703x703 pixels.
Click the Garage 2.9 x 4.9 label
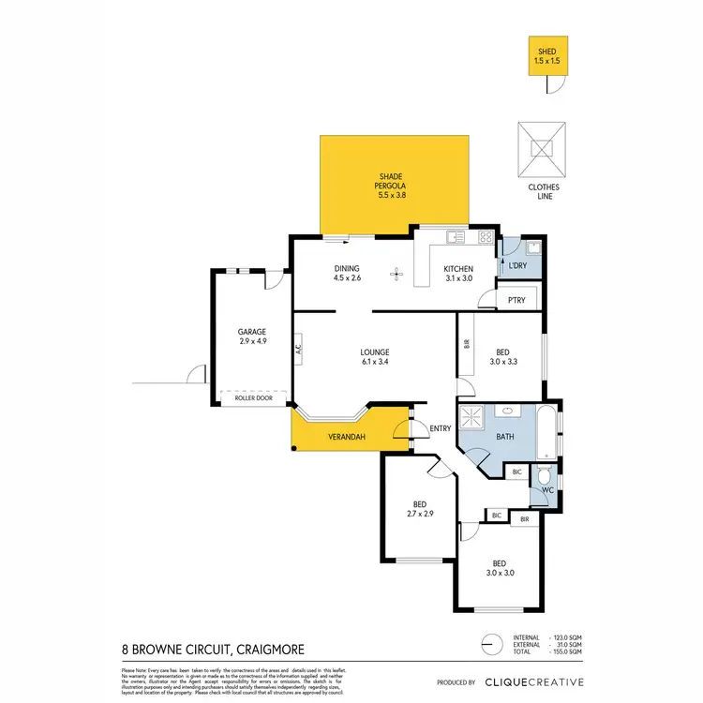point(251,337)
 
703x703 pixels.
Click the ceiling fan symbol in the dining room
point(396,275)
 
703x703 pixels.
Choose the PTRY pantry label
point(516,300)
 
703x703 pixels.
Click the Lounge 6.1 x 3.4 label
point(374,357)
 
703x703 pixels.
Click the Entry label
point(440,429)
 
